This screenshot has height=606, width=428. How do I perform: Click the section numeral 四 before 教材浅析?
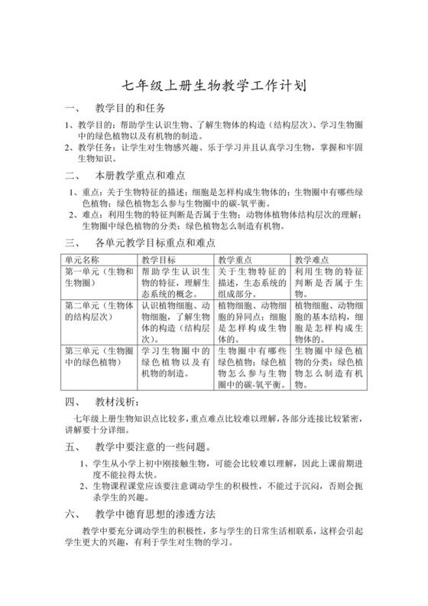70,401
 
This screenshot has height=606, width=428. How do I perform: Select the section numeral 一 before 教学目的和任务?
70,108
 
